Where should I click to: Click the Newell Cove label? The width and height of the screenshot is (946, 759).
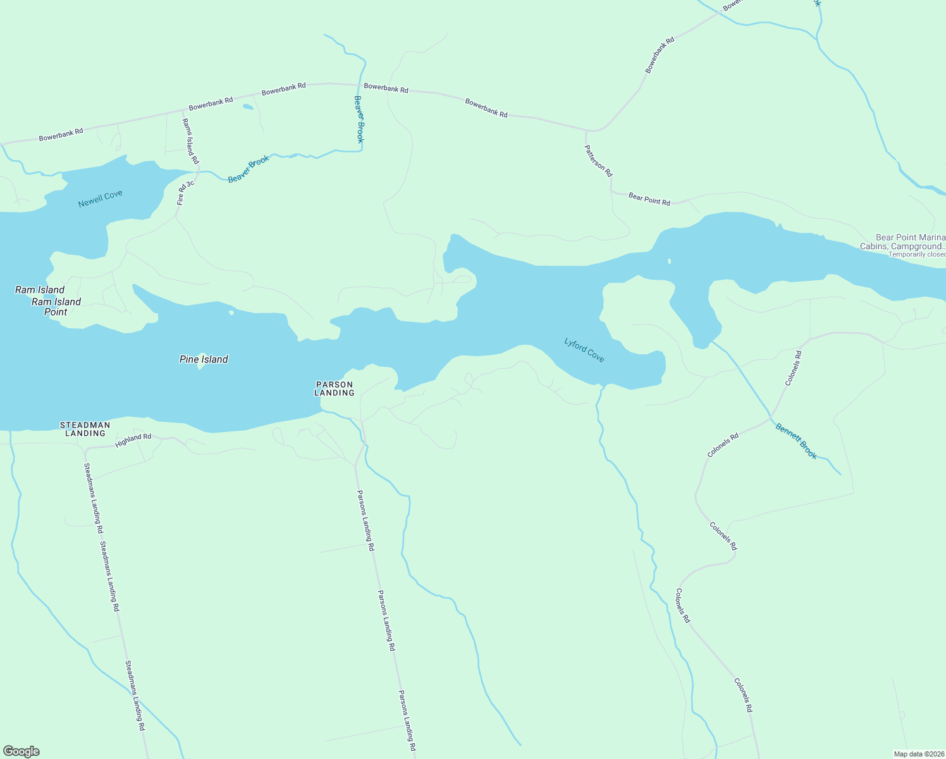pos(100,199)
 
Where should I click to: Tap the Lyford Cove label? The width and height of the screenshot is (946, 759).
pos(584,350)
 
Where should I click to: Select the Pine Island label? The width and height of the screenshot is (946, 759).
pos(204,359)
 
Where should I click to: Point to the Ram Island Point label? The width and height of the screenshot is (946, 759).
pos(56,307)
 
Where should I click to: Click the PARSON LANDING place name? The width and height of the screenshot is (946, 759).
pos(335,388)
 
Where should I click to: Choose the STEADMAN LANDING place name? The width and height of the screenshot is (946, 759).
pos(85,429)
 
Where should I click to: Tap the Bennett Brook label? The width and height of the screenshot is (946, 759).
pos(796,441)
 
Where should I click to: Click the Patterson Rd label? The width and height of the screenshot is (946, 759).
pos(598,161)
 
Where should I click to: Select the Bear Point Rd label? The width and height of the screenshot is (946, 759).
pos(649,199)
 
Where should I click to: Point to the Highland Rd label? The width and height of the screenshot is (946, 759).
pos(133,441)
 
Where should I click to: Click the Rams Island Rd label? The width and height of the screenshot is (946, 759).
pos(190,141)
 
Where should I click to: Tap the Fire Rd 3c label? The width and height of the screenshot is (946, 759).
pos(181,193)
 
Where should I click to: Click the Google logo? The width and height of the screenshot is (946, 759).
pos(21,751)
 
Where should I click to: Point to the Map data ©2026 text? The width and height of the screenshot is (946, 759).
pos(918,754)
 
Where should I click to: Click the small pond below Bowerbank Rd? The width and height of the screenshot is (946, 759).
pos(248,107)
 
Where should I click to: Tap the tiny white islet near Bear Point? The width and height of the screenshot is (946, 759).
pos(669,261)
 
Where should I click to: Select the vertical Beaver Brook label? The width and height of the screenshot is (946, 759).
pos(359,119)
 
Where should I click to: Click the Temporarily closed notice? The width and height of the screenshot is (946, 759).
pos(917,254)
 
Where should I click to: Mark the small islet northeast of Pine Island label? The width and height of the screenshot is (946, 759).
pos(231,312)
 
